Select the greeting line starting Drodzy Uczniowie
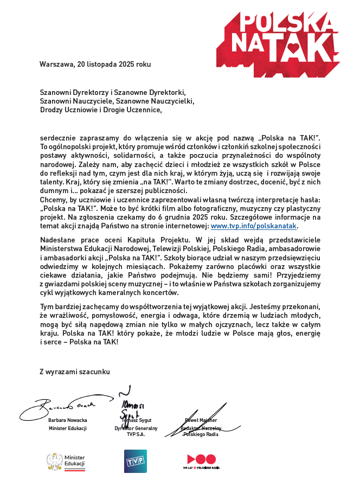click(x=101, y=110)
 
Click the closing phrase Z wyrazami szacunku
click(x=75, y=372)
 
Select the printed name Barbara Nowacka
click(x=68, y=420)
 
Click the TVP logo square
click(x=135, y=461)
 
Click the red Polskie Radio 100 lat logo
click(x=201, y=462)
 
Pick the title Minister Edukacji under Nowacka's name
click(x=68, y=428)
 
